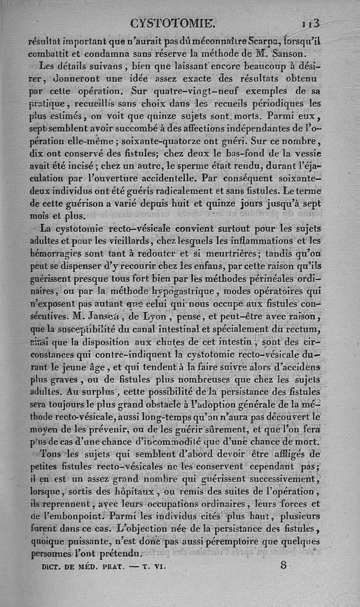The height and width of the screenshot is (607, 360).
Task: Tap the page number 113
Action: coord(310,22)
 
